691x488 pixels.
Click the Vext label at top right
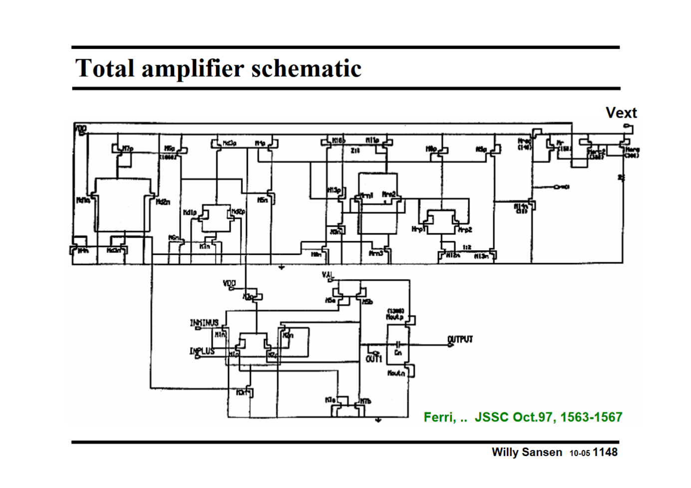click(x=621, y=113)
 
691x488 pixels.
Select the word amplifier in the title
click(x=193, y=68)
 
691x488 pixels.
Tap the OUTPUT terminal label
click(x=460, y=339)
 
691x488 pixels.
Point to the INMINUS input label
click(x=204, y=323)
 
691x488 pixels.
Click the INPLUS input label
click(x=202, y=351)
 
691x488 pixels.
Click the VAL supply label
click(x=328, y=275)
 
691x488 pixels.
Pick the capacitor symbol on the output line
click(x=398, y=344)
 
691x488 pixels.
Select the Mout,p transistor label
click(x=395, y=317)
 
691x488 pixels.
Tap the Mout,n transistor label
click(x=396, y=373)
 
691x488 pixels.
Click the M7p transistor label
click(x=128, y=149)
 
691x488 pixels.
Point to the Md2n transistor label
click(x=163, y=202)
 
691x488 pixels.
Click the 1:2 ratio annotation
click(x=467, y=247)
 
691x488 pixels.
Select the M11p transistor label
click(x=372, y=141)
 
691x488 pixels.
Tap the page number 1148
click(x=605, y=452)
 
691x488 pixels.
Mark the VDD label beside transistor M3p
click(x=229, y=283)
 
